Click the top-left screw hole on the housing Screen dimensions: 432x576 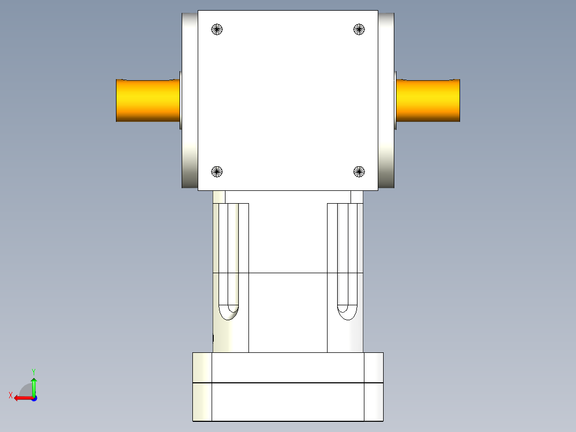click(x=217, y=29)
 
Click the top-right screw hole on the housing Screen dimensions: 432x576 click(x=360, y=29)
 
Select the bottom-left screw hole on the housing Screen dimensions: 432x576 click(x=216, y=172)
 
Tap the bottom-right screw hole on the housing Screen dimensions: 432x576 click(x=359, y=172)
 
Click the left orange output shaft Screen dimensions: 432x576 click(x=147, y=101)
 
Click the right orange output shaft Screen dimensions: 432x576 click(x=427, y=101)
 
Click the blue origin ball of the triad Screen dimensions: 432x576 click(x=34, y=398)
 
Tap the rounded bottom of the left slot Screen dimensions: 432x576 click(x=229, y=312)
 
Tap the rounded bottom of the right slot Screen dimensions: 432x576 click(x=347, y=312)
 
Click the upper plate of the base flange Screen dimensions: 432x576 click(x=287, y=367)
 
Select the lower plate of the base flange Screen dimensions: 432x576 click(x=287, y=402)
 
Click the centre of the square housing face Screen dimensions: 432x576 click(x=288, y=101)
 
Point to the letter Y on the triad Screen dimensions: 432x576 click(x=33, y=371)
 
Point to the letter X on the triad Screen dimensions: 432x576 click(x=10, y=395)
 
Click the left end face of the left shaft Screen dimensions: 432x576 click(x=117, y=101)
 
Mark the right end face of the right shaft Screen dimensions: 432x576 click(x=459, y=101)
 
